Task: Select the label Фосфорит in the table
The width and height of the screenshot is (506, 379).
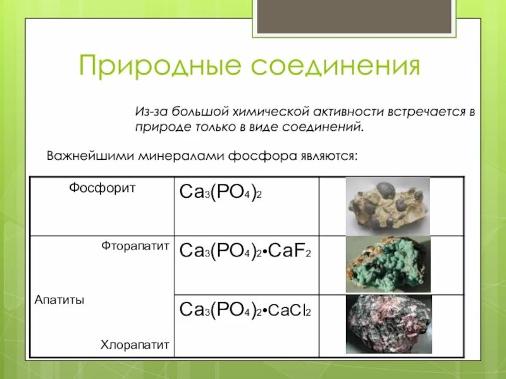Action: tap(102, 188)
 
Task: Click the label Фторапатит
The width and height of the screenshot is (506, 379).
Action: tap(135, 246)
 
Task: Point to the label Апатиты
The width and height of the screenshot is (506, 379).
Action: tap(59, 300)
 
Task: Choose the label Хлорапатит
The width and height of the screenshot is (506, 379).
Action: tap(135, 345)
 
